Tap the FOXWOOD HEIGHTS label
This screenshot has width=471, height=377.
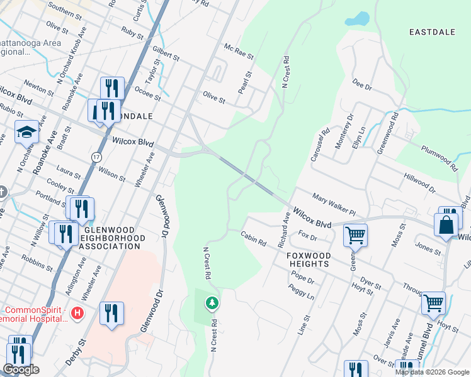coord(308,260)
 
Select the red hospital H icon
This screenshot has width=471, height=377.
coord(77,312)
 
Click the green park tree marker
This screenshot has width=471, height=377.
coord(213,303)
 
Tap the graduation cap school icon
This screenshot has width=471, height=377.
coord(26,132)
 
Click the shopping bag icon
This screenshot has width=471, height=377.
coord(445,225)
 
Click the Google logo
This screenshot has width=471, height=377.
coord(21,369)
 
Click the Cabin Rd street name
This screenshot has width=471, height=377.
coord(253,238)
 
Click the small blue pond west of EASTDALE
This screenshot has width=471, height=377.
coord(357,19)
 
